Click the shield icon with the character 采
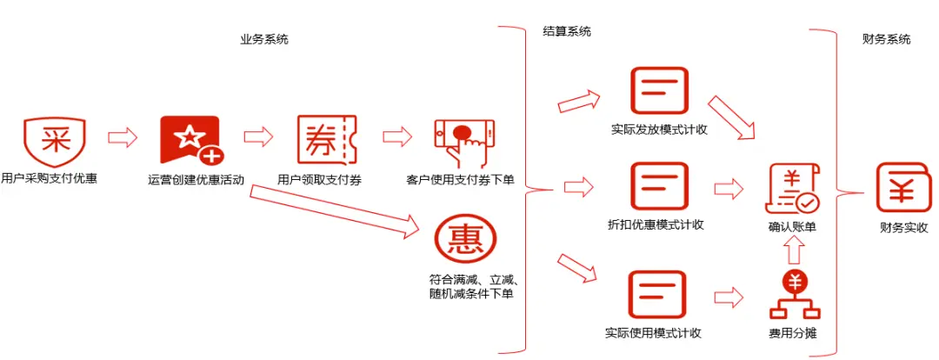pyautogui.click(x=54, y=140)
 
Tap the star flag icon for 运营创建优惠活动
pyautogui.click(x=191, y=140)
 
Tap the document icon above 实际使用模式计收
pyautogui.click(x=657, y=295)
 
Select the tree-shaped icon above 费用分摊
pyautogui.click(x=794, y=296)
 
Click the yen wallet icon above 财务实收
pyautogui.click(x=904, y=187)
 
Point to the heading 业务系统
pyautogui.click(x=264, y=40)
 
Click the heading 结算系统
pyautogui.click(x=567, y=32)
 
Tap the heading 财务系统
pyautogui.click(x=886, y=40)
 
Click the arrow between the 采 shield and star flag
pyautogui.click(x=123, y=137)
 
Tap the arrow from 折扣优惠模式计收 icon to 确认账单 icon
pyautogui.click(x=729, y=189)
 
